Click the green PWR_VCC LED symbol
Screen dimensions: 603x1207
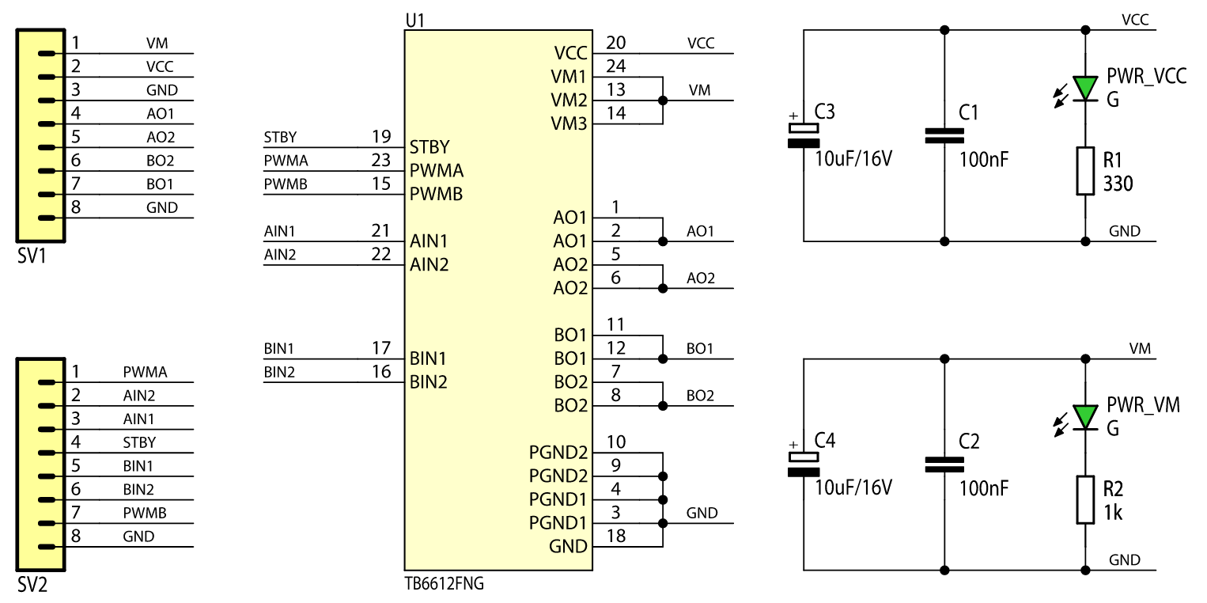pyautogui.click(x=1085, y=87)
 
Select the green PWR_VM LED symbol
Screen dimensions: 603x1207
pyautogui.click(x=1085, y=416)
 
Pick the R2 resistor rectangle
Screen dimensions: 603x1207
pyautogui.click(x=1085, y=499)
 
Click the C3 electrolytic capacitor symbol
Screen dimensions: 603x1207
pyautogui.click(x=804, y=135)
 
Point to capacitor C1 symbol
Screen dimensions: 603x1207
pyautogui.click(x=944, y=135)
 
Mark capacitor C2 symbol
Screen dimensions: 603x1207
pyautogui.click(x=944, y=465)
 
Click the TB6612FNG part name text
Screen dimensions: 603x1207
pyautogui.click(x=444, y=586)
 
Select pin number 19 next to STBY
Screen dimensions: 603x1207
pyautogui.click(x=381, y=137)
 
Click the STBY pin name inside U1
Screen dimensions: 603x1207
pyautogui.click(x=429, y=147)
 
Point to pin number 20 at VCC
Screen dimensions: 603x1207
pyautogui.click(x=616, y=43)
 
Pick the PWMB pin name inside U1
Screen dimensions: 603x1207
pyautogui.click(x=437, y=194)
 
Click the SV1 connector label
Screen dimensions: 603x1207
pyautogui.click(x=32, y=257)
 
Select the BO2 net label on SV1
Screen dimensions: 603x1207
pyautogui.click(x=161, y=161)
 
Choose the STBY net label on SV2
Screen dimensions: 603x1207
pyautogui.click(x=139, y=442)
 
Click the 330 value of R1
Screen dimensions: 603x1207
pyautogui.click(x=1118, y=184)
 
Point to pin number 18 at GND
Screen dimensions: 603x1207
pyautogui.click(x=616, y=536)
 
